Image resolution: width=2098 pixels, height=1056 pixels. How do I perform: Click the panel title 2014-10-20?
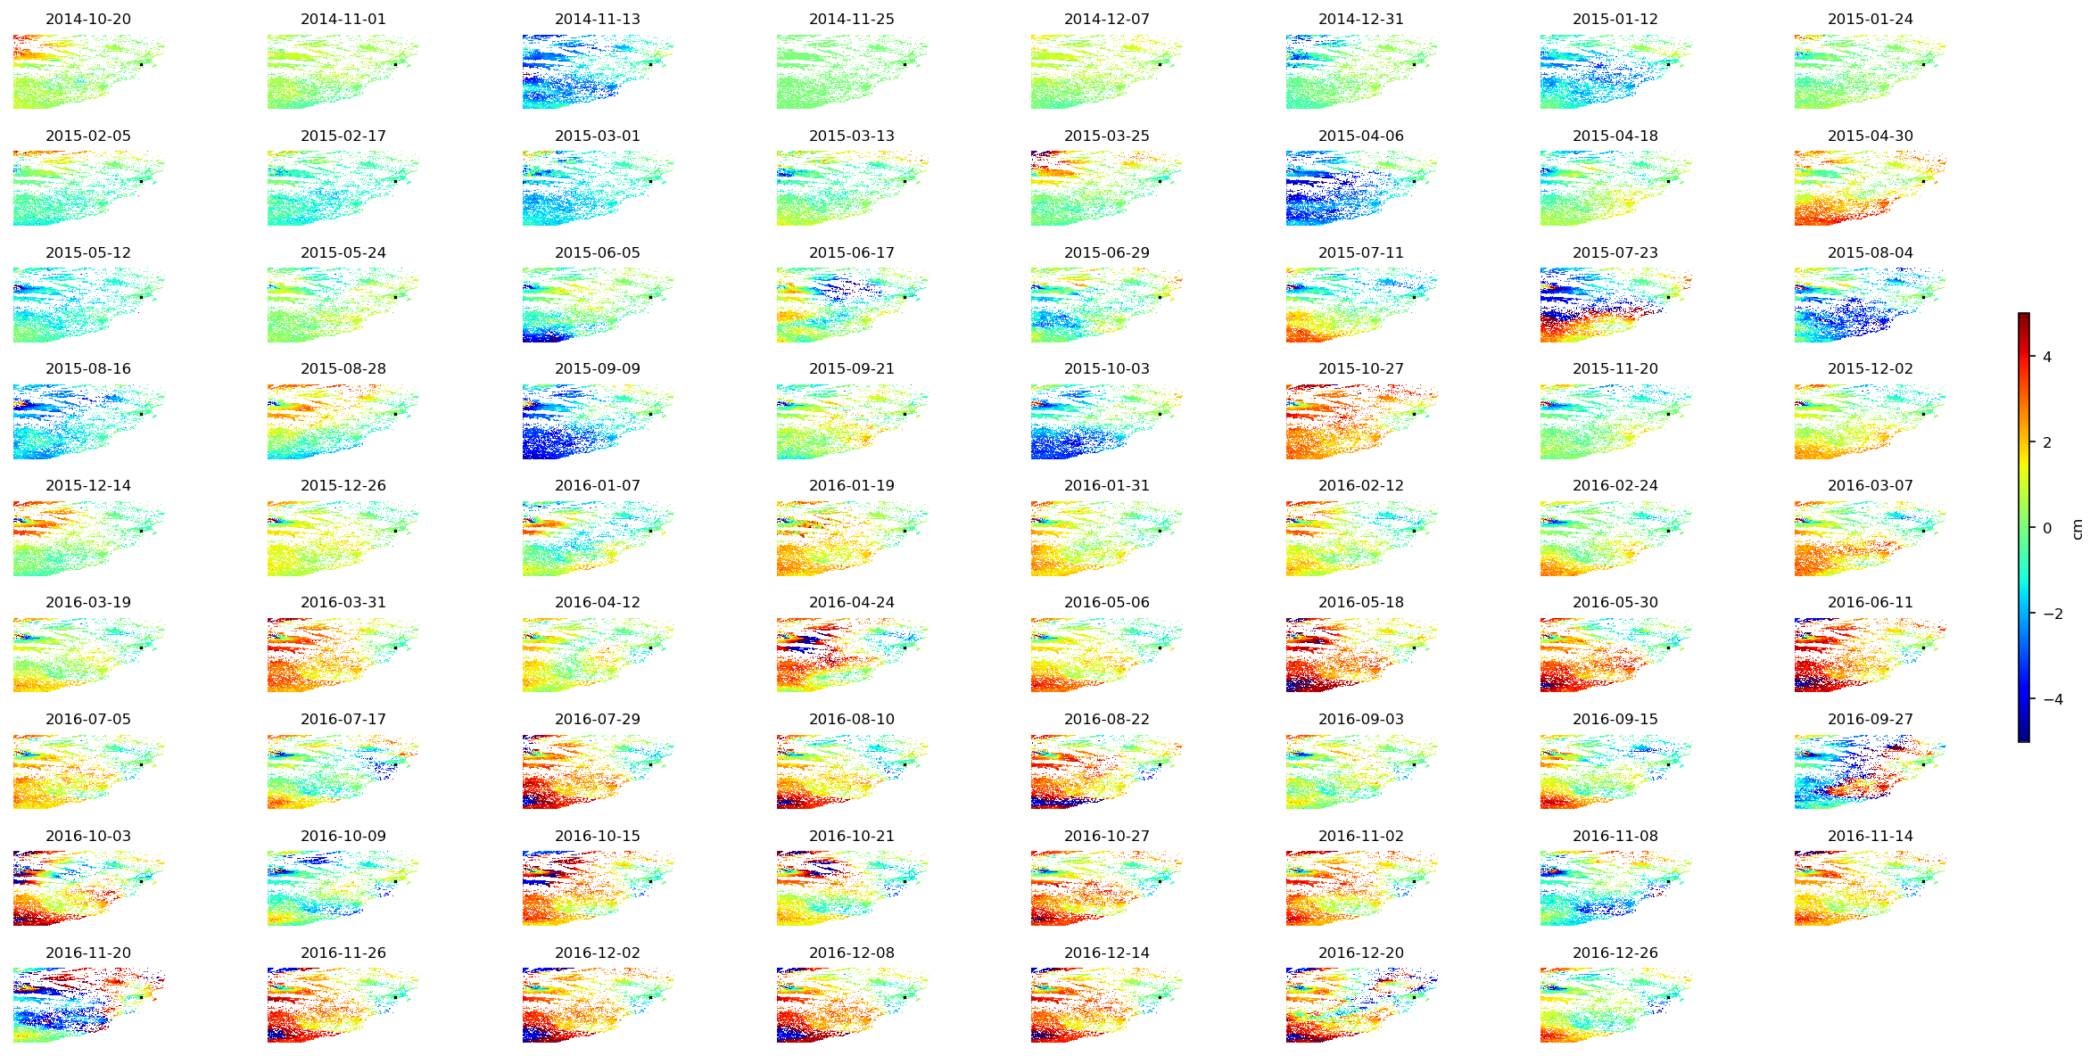tap(88, 19)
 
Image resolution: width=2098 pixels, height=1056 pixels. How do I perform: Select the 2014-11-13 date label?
tap(597, 19)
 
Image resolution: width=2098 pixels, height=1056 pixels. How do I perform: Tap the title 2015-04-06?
tap(1360, 136)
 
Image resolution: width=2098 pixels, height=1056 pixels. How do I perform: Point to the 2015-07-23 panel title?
tap(1615, 252)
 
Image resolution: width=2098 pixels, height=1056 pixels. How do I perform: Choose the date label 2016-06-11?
tap(1870, 602)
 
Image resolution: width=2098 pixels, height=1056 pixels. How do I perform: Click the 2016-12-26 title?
tap(1615, 953)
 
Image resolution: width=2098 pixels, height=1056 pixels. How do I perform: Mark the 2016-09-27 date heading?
tap(1870, 719)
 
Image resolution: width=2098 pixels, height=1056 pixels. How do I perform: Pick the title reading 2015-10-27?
tap(1360, 368)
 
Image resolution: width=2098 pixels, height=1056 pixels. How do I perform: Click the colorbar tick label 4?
tap(2047, 357)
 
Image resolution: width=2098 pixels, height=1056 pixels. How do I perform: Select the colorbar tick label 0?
tap(2047, 528)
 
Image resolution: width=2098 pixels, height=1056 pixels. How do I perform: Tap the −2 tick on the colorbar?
tap(2053, 614)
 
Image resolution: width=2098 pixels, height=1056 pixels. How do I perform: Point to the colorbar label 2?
tap(2047, 442)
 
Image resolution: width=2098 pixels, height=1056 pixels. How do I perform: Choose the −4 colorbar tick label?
tap(2053, 699)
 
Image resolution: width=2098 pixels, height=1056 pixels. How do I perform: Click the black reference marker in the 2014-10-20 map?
tap(141, 64)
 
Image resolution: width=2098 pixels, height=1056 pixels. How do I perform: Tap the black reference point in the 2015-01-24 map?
tap(1922, 64)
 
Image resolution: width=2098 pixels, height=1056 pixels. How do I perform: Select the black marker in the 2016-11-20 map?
tap(141, 998)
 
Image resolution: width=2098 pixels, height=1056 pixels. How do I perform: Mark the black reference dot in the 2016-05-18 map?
tap(1414, 648)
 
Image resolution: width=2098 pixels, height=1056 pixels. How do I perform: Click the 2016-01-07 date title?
tap(597, 485)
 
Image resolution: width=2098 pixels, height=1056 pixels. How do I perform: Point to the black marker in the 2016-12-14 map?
tap(1160, 998)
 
